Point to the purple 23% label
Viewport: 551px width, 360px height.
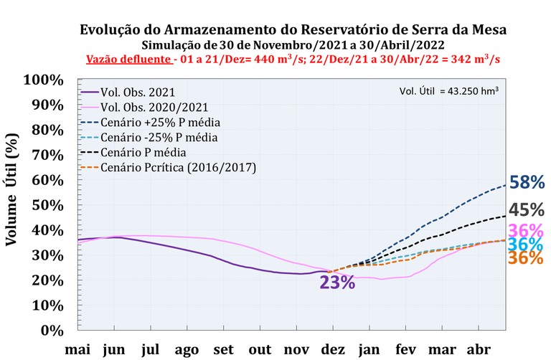point(337,282)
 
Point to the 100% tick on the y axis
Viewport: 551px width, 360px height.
point(44,80)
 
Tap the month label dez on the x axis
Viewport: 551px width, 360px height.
point(333,349)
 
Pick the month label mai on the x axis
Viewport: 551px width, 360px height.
point(77,349)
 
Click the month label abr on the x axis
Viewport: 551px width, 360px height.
point(479,349)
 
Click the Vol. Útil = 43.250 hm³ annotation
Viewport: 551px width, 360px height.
point(448,91)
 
